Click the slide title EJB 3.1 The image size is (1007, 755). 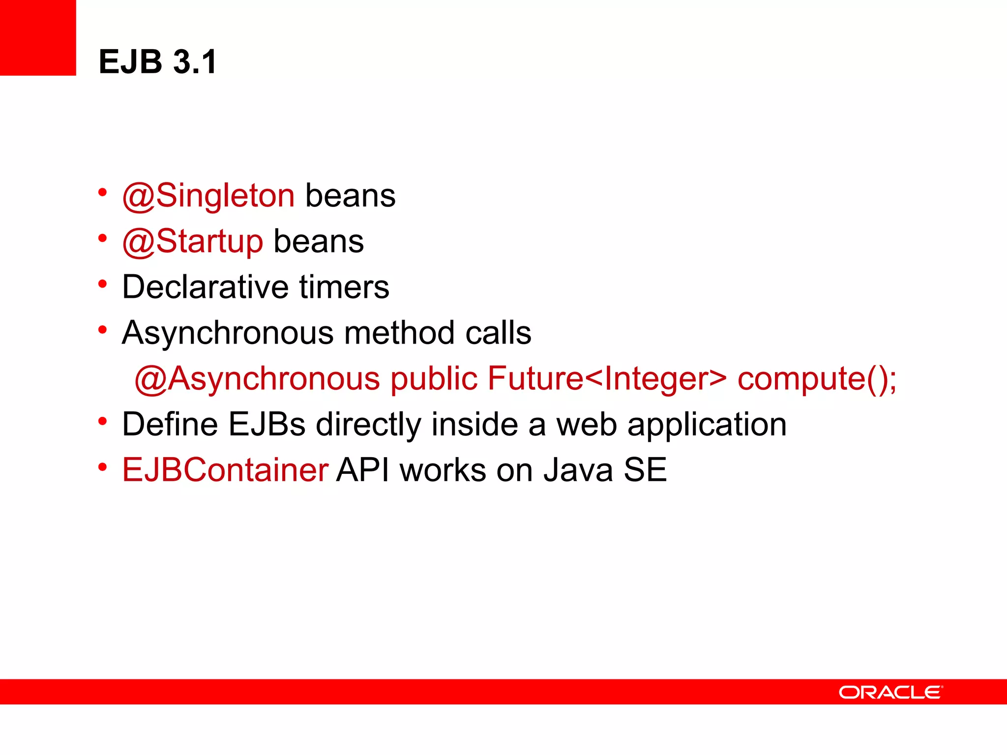[x=157, y=62]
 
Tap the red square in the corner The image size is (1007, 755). [x=38, y=37]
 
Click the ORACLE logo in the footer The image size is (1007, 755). [x=890, y=692]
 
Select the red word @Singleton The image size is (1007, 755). [x=208, y=196]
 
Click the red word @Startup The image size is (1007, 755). [x=193, y=241]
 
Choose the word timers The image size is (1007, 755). [x=344, y=287]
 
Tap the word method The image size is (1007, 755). [x=399, y=333]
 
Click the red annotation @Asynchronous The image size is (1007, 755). [x=257, y=378]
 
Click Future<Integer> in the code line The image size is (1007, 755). [x=607, y=378]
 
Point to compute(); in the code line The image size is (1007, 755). [x=817, y=378]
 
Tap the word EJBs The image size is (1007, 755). [x=267, y=424]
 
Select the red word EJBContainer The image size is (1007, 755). [x=225, y=470]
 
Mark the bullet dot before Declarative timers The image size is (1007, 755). [x=102, y=284]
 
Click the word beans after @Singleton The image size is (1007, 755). [x=350, y=196]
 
